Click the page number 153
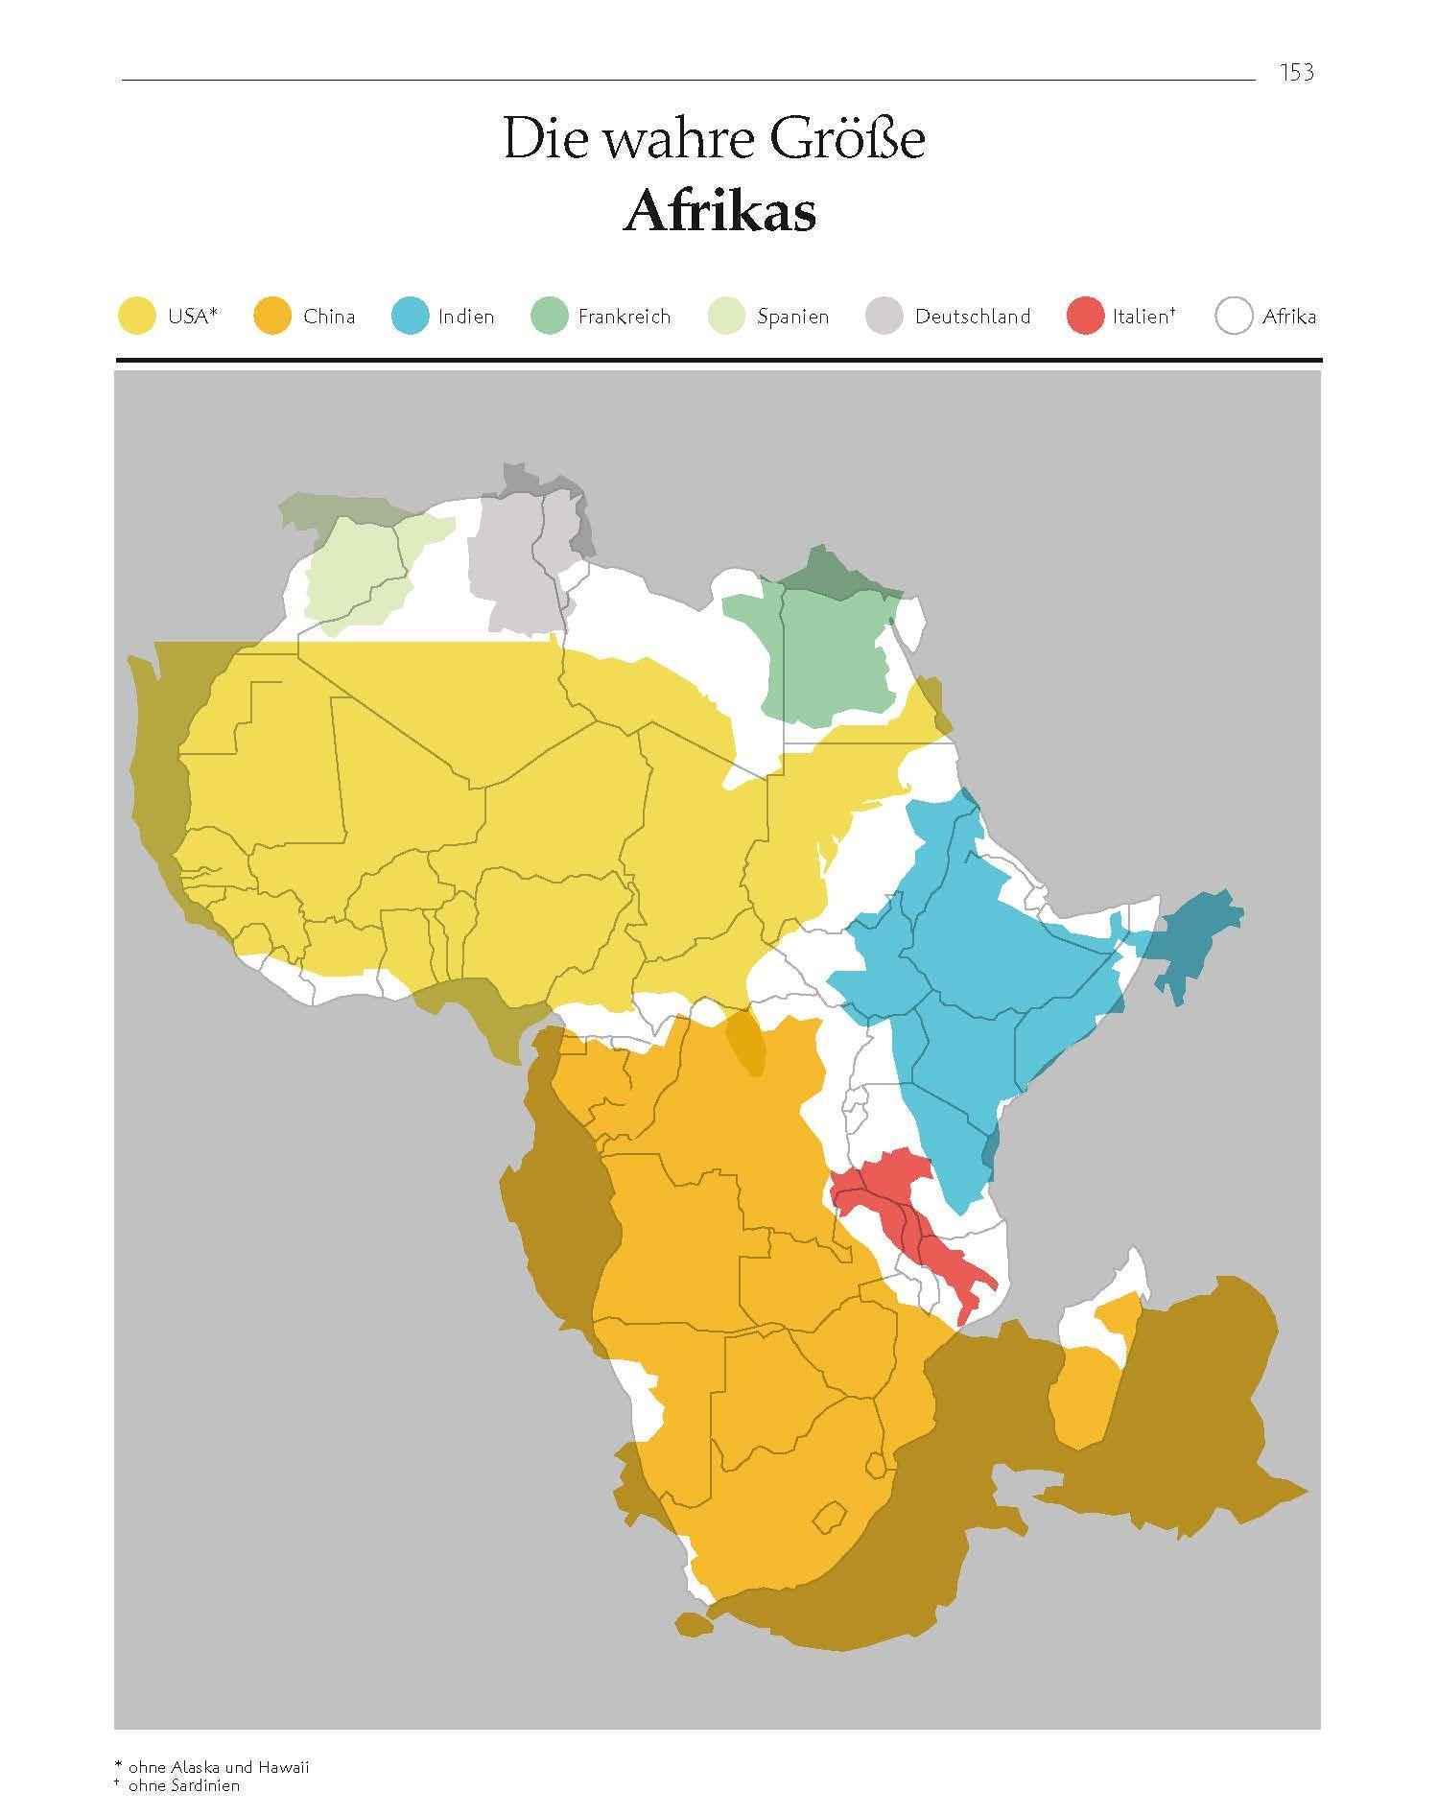pyautogui.click(x=1296, y=72)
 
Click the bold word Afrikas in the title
pyautogui.click(x=719, y=212)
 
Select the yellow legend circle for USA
pyautogui.click(x=135, y=317)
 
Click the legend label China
pyautogui.click(x=328, y=317)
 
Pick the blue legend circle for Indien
pyautogui.click(x=410, y=317)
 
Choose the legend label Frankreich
pyautogui.click(x=624, y=317)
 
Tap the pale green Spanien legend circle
pyautogui.click(x=726, y=317)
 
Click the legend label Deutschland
pyautogui.click(x=972, y=317)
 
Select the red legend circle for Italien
pyautogui.click(x=1085, y=317)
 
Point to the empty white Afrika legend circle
pyautogui.click(x=1234, y=317)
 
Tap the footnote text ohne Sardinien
pyautogui.click(x=183, y=1785)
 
